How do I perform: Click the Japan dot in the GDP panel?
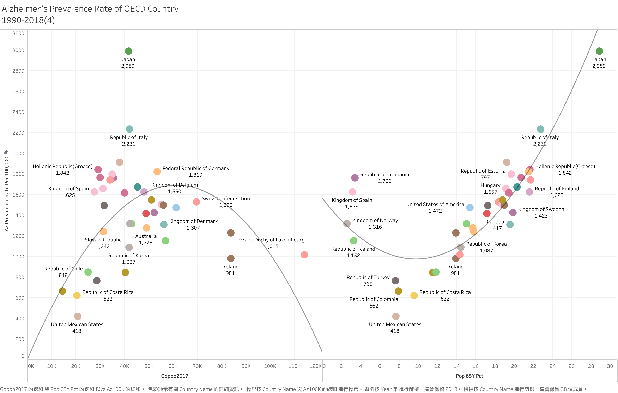point(129,51)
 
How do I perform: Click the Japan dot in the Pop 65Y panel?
point(599,51)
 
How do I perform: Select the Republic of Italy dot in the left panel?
point(129,129)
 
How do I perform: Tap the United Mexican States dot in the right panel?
point(396,316)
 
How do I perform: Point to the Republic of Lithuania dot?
point(355,178)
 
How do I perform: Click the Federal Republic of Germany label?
point(196,168)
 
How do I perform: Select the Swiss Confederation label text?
point(226,199)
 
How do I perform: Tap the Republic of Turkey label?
point(368,277)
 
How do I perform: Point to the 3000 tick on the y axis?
point(18,50)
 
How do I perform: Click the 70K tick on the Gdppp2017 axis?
point(197,366)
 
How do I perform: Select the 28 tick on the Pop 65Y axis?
point(591,366)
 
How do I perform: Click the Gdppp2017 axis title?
point(175,376)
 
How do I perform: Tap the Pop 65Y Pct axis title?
point(469,376)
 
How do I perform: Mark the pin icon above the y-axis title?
point(6,152)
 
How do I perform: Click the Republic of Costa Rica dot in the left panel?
point(77,296)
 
